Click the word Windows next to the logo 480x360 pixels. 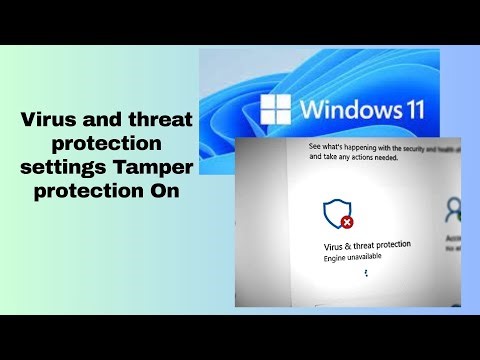point(352,109)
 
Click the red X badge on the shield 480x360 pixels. point(345,222)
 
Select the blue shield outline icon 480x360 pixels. point(335,212)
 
